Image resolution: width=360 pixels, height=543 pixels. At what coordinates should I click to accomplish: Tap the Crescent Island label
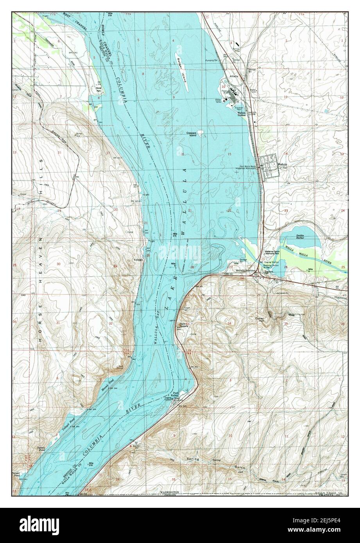(x=191, y=134)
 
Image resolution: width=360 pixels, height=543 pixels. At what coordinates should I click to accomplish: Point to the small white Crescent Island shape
(x=200, y=132)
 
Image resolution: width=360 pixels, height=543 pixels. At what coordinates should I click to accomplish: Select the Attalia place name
(x=234, y=76)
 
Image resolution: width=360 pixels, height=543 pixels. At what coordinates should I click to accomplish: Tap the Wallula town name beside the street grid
(x=282, y=164)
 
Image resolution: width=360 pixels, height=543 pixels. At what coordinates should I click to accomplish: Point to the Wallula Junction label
(x=245, y=270)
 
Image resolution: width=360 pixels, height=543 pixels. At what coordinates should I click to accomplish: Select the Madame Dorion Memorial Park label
(x=272, y=253)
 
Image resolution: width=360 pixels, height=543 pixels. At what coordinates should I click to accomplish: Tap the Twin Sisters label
(x=182, y=325)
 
